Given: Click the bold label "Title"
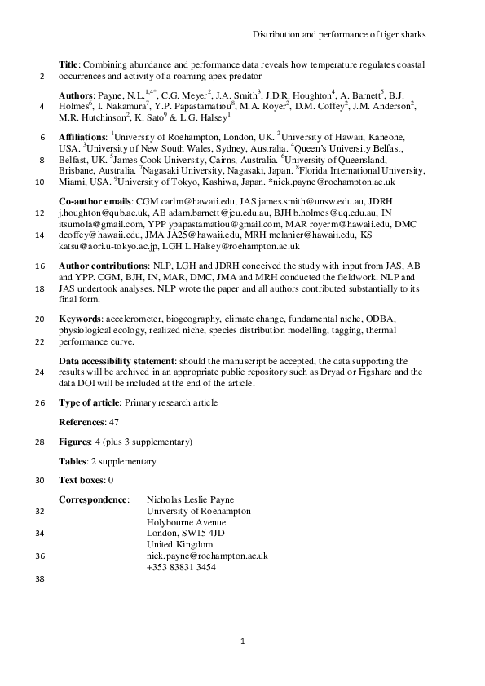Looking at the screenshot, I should pyautogui.click(x=71, y=64).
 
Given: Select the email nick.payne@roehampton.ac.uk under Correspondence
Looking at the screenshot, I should pyautogui.click(x=207, y=556).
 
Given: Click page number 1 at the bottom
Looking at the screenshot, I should pyautogui.click(x=242, y=643).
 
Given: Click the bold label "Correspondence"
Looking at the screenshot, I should pyautogui.click(x=93, y=499).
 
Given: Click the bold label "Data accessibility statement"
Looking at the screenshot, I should pyautogui.click(x=117, y=359).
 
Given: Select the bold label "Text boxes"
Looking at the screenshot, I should pyautogui.click(x=82, y=480).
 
